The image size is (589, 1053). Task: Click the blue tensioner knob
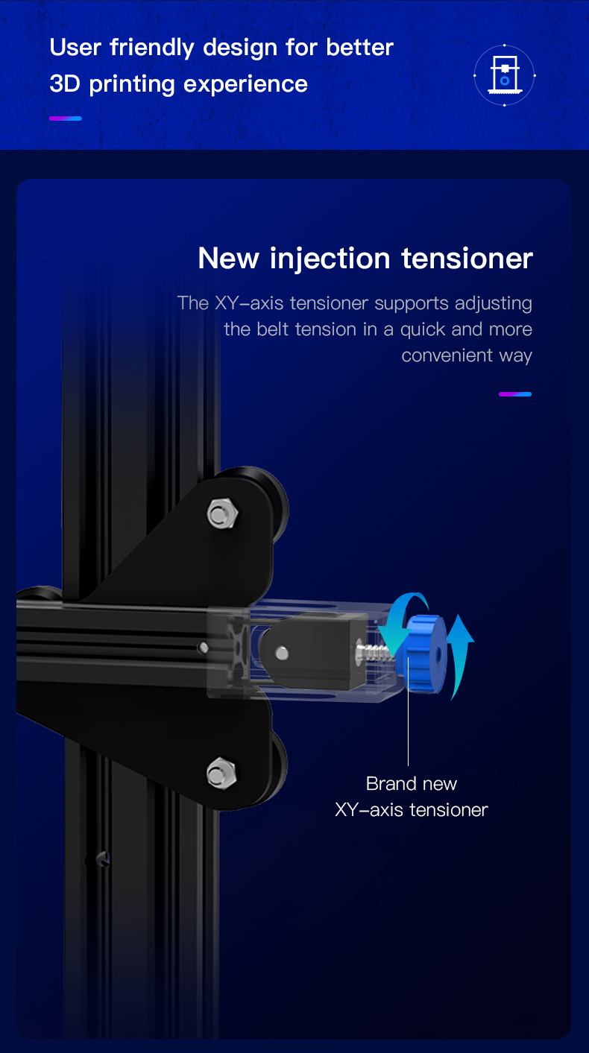(423, 653)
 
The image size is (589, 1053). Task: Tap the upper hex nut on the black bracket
(222, 513)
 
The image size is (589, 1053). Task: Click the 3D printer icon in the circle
(505, 75)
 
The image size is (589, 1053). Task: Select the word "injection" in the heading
(330, 259)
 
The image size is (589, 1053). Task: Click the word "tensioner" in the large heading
(467, 259)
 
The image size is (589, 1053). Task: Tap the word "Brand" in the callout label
(391, 783)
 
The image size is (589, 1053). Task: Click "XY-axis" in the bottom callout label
(368, 809)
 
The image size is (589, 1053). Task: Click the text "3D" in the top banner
(66, 83)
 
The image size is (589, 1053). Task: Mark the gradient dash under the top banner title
(66, 118)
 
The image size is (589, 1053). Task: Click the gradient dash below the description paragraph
(515, 393)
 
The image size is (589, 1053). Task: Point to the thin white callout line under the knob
(409, 730)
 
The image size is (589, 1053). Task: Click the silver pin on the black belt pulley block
(281, 654)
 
